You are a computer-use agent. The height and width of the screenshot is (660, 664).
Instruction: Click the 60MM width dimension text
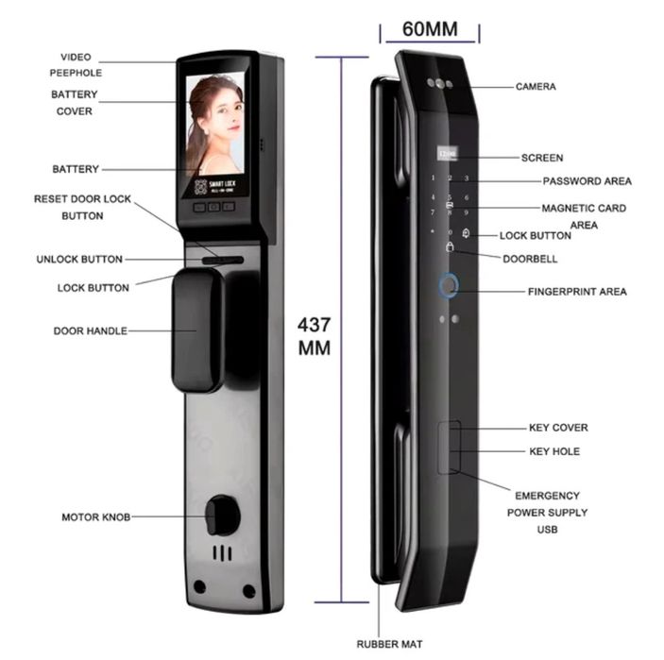(430, 29)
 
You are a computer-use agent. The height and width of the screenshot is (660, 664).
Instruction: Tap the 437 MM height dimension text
(314, 336)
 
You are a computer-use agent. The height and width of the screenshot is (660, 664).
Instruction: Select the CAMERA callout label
(536, 86)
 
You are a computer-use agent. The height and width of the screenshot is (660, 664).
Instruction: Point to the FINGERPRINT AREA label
(577, 291)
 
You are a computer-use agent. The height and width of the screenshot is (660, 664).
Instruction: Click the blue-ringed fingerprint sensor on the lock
(449, 286)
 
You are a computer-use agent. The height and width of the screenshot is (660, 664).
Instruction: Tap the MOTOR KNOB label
(96, 516)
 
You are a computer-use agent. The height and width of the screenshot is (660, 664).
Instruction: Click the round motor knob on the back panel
(221, 516)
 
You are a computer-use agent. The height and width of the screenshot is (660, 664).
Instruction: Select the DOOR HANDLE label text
(90, 330)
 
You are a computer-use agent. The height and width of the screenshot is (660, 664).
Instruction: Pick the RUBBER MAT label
(389, 644)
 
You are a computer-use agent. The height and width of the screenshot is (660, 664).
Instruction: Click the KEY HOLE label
(554, 451)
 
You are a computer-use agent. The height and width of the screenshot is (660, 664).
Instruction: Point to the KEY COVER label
(558, 428)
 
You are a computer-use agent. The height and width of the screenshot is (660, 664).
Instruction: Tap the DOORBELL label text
(530, 259)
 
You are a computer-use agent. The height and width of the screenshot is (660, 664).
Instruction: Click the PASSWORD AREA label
(587, 181)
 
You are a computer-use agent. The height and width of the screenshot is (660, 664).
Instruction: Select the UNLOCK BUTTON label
(79, 259)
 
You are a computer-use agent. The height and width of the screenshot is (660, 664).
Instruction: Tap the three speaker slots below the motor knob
(222, 553)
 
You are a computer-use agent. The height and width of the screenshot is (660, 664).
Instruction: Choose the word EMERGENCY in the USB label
(547, 496)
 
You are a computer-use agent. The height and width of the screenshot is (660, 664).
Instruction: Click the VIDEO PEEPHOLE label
(76, 65)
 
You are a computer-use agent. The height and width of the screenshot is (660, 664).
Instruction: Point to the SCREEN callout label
(542, 158)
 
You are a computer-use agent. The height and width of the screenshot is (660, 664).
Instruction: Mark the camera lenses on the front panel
(440, 83)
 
